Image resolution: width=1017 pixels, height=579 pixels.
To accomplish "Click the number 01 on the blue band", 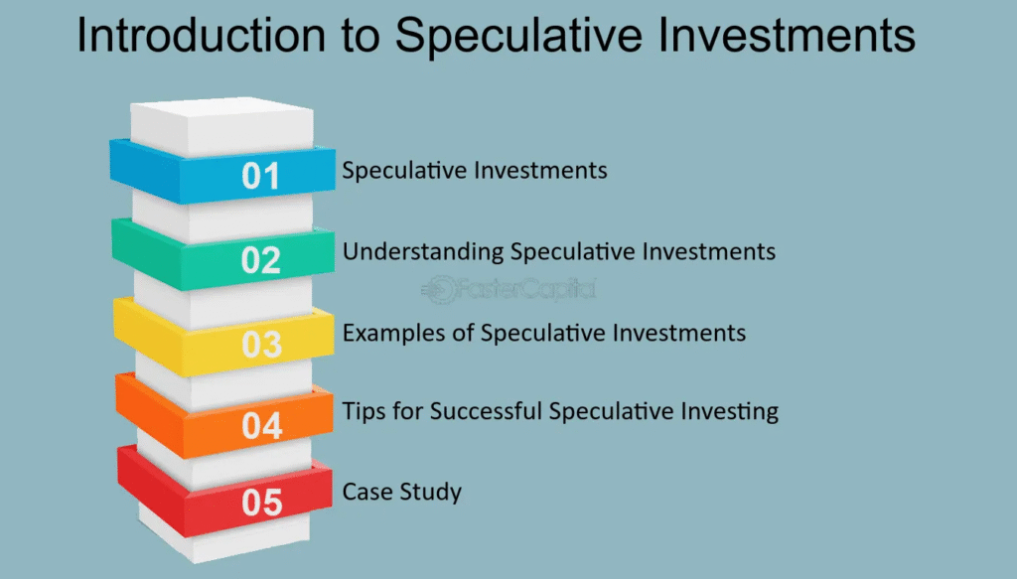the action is click(261, 176).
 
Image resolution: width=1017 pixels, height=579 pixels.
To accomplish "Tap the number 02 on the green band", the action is click(261, 260).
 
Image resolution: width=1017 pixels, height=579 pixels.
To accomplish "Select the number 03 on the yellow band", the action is click(262, 345).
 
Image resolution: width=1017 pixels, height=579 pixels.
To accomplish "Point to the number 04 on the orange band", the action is click(262, 426).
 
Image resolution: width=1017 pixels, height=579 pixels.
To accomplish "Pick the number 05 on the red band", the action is click(262, 503).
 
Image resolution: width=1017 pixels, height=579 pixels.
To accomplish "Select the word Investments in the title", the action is click(787, 35).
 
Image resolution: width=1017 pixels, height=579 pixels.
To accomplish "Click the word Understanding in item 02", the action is click(423, 251).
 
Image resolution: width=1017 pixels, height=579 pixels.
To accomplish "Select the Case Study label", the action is click(402, 493).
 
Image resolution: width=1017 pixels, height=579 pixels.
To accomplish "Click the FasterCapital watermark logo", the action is click(508, 289).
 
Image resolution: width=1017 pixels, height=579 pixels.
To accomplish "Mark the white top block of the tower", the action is click(221, 127).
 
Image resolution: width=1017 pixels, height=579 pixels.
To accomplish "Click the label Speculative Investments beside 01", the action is click(475, 171).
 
